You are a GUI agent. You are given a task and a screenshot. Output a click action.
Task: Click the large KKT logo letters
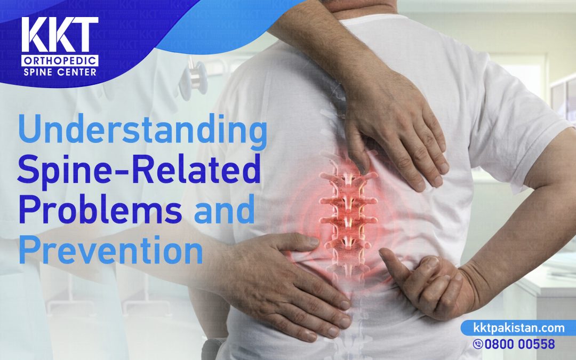coord(60,35)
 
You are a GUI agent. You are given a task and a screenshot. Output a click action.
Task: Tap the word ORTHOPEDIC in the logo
coord(60,61)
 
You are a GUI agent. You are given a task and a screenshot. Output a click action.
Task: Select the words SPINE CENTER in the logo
coord(60,71)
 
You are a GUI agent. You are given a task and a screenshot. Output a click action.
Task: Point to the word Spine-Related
coord(139,170)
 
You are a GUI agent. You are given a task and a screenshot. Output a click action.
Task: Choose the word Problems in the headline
coord(100,210)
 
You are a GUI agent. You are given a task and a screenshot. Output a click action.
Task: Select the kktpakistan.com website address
coord(519,327)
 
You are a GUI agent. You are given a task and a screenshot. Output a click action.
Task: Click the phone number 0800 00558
coord(519,344)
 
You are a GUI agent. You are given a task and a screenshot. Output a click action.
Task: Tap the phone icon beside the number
coord(478,344)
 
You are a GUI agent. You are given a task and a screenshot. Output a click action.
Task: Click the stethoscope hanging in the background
coord(195,79)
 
